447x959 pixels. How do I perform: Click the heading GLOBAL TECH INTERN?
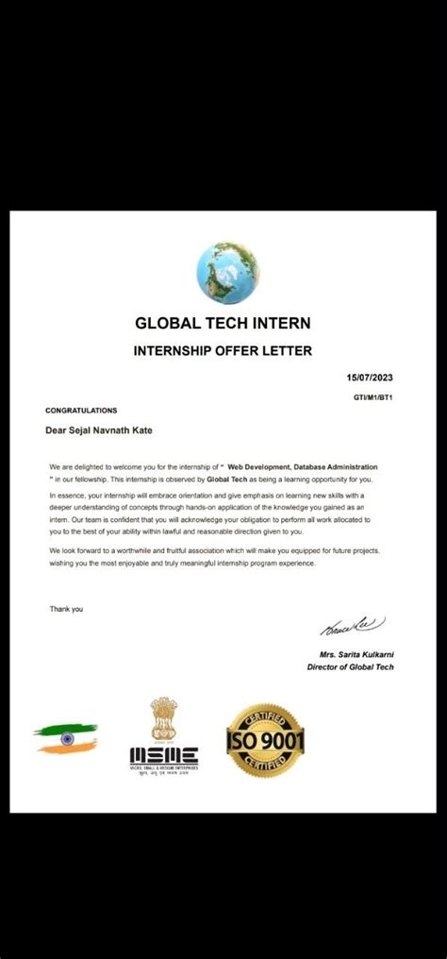223,323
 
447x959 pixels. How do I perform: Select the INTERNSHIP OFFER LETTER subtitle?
223,351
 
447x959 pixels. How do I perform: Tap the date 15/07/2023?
369,379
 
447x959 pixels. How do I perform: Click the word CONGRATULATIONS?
81,411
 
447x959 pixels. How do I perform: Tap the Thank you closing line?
66,609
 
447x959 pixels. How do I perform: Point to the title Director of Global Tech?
351,666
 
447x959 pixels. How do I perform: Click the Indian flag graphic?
66,738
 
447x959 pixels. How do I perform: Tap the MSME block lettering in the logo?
164,754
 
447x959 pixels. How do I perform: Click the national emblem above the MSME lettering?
164,719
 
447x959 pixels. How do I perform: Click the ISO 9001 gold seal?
265,740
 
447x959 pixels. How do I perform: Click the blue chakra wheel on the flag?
67,738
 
